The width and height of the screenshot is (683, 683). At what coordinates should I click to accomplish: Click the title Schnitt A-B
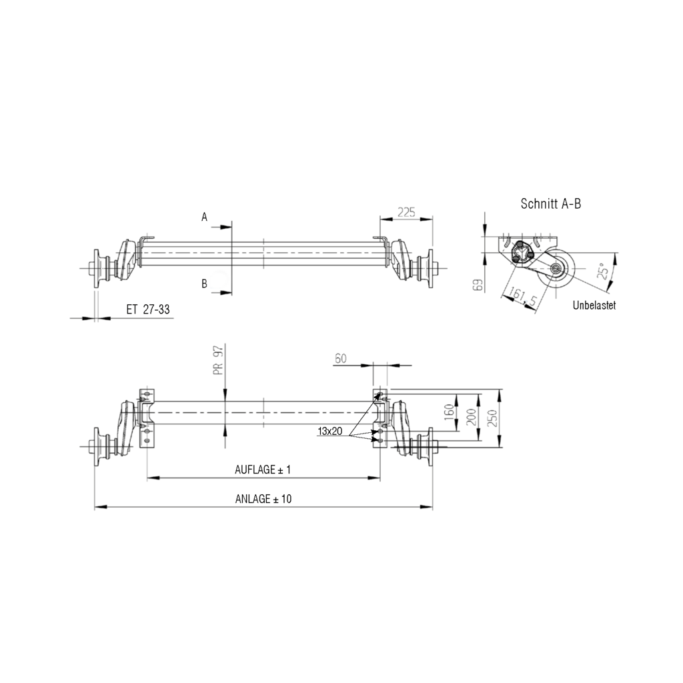pyautogui.click(x=550, y=204)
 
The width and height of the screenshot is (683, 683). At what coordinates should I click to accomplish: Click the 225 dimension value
pyautogui.click(x=406, y=213)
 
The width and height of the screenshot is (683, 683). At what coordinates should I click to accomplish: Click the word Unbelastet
pyautogui.click(x=594, y=305)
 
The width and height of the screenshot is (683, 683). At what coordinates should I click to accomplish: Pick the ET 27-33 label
pyautogui.click(x=147, y=309)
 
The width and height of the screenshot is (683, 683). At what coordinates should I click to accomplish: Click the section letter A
pyautogui.click(x=205, y=217)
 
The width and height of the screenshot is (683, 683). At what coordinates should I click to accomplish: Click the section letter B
pyautogui.click(x=205, y=284)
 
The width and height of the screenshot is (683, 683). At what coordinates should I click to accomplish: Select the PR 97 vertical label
pyautogui.click(x=218, y=361)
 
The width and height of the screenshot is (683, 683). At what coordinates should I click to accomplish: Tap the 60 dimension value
pyautogui.click(x=340, y=359)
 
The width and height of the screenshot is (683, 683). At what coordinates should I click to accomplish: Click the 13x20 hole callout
pyautogui.click(x=329, y=432)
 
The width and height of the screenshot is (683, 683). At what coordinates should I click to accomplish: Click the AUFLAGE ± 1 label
pyautogui.click(x=263, y=470)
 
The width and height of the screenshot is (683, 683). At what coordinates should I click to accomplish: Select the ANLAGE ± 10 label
pyautogui.click(x=263, y=499)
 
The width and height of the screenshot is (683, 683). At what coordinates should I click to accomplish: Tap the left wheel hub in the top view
pyautogui.click(x=100, y=268)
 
